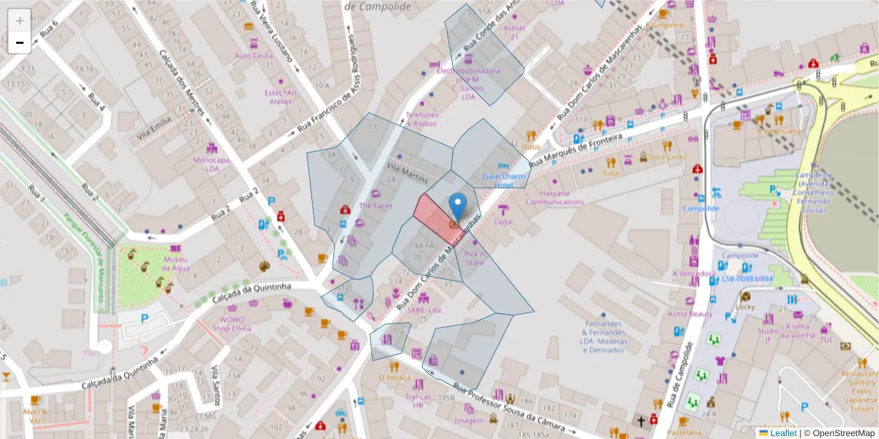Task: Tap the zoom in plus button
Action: coord(20,20)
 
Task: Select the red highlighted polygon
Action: coord(432,216)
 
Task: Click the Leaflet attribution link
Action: coord(782,433)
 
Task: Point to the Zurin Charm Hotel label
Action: coord(503,181)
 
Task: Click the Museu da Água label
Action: coord(176,264)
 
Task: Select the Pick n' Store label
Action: coord(475,258)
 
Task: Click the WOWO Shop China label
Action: coord(232,324)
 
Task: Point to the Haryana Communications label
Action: coord(555,198)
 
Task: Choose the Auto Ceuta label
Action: coord(253,56)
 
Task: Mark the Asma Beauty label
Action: coord(689,314)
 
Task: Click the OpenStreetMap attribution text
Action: coord(842,433)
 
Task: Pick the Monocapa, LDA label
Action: coord(212,164)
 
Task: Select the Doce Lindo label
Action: coord(667,157)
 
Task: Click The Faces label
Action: coord(375,206)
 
